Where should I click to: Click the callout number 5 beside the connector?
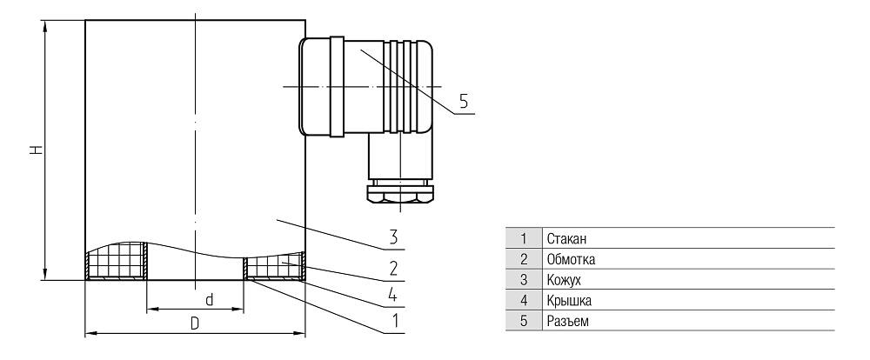pyautogui.click(x=464, y=100)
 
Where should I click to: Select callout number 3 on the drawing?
pyautogui.click(x=393, y=236)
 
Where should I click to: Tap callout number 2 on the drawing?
pyautogui.click(x=393, y=268)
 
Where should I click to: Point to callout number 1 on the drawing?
pyautogui.click(x=394, y=321)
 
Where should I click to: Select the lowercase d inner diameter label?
pyautogui.click(x=209, y=300)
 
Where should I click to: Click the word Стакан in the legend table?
pyautogui.click(x=566, y=237)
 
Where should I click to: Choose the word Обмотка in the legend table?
pyautogui.click(x=571, y=258)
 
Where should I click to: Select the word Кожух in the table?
pyautogui.click(x=564, y=280)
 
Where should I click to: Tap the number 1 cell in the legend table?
pyautogui.click(x=523, y=237)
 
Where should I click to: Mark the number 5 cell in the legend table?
pyautogui.click(x=523, y=322)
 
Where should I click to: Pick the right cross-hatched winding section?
pyautogui.click(x=275, y=266)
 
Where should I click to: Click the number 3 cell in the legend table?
pyautogui.click(x=523, y=280)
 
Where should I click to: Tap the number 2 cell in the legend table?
pyautogui.click(x=523, y=258)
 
